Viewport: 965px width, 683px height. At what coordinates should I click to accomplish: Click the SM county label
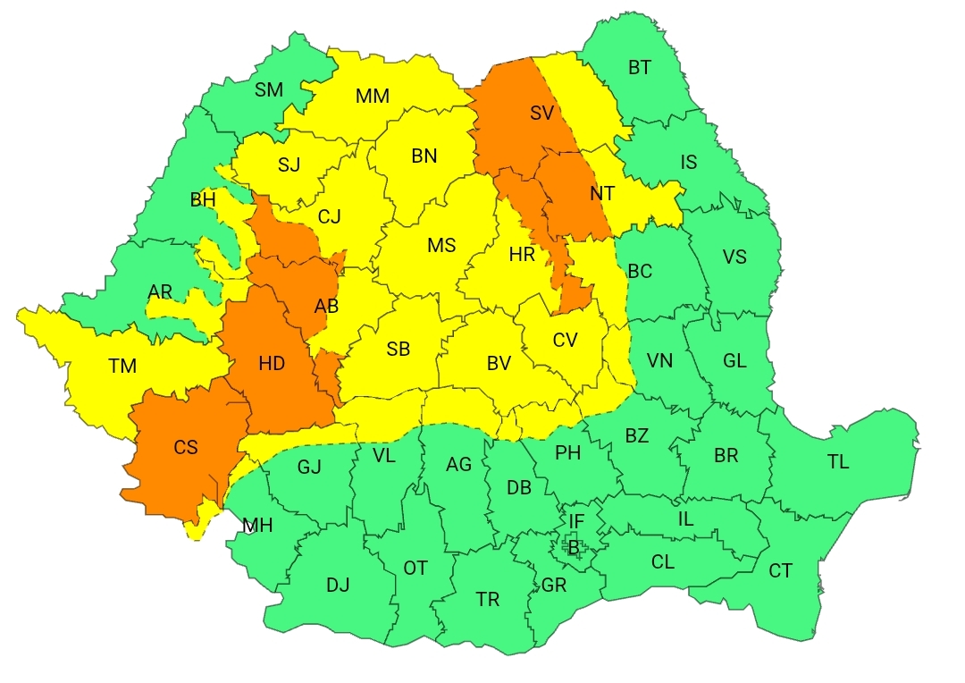coord(269,89)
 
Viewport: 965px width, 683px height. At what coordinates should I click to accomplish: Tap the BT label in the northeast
coord(640,68)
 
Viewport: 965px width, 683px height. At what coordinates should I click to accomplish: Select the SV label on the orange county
coord(541,114)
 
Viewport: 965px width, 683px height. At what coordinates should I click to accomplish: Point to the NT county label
coord(602,193)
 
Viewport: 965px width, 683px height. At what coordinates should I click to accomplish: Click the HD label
coord(272,363)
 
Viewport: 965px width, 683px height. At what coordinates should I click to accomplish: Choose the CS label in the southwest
coord(186,448)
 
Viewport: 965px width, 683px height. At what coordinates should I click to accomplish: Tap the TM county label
coord(123,367)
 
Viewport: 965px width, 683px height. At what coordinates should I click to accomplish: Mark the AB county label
coord(327,307)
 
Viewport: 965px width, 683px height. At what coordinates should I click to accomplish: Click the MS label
coord(441,246)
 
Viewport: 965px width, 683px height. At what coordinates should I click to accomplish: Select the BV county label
coord(499,364)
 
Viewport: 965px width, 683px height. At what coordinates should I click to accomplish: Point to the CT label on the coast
coord(780,570)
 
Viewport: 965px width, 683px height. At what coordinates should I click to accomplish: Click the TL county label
coord(838,462)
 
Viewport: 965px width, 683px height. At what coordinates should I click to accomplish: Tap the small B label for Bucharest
coord(574,547)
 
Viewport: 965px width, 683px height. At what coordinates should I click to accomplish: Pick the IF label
coord(576,520)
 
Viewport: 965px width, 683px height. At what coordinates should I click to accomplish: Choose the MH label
coord(258,526)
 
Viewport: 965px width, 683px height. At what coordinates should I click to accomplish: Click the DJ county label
coord(338,586)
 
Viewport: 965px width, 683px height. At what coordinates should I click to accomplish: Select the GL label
coord(734,360)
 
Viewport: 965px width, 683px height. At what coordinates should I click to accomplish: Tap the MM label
coord(373,96)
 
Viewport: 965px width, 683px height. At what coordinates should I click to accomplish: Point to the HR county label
coord(522,255)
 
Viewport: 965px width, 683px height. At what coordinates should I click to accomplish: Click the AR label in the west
coord(161,292)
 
